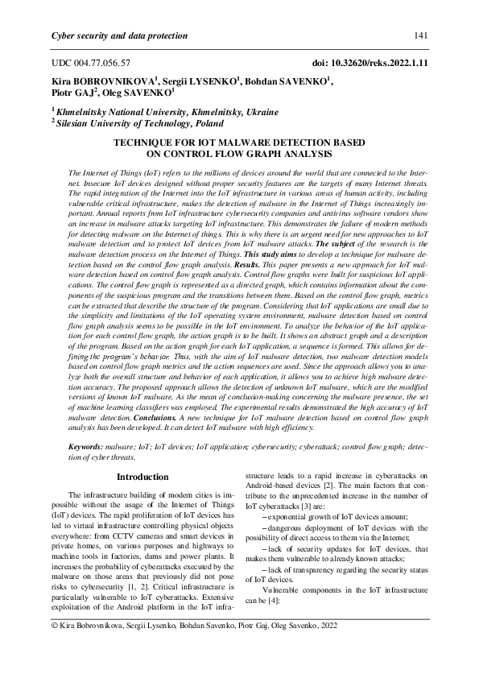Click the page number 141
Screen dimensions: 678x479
(x=419, y=35)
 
